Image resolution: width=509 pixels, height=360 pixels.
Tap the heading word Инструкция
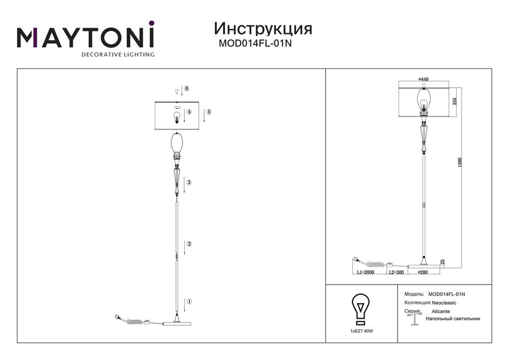click(x=263, y=29)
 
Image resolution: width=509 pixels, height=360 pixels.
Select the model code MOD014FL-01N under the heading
click(x=255, y=43)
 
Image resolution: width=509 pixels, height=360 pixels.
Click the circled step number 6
click(x=187, y=89)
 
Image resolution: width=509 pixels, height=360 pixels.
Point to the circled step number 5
click(x=209, y=112)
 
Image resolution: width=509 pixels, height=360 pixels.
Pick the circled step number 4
click(x=189, y=112)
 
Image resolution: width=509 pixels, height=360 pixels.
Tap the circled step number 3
click(x=189, y=182)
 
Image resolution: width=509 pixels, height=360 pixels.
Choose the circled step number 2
click(x=189, y=244)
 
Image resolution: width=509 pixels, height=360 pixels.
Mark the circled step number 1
click(x=189, y=301)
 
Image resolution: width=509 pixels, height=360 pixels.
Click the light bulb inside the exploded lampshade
click(x=177, y=118)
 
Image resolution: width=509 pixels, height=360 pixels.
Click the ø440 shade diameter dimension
click(x=423, y=79)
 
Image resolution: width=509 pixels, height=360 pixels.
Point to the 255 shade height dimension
click(x=455, y=101)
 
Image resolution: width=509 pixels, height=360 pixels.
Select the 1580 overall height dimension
click(x=459, y=162)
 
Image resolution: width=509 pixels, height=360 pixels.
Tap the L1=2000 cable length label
click(x=365, y=272)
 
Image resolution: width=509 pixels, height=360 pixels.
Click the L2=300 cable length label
click(x=397, y=272)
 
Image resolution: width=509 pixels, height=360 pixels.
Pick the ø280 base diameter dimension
click(x=423, y=272)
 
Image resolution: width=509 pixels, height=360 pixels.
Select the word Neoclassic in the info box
click(x=444, y=303)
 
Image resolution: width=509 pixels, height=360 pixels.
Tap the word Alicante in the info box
click(x=441, y=311)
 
